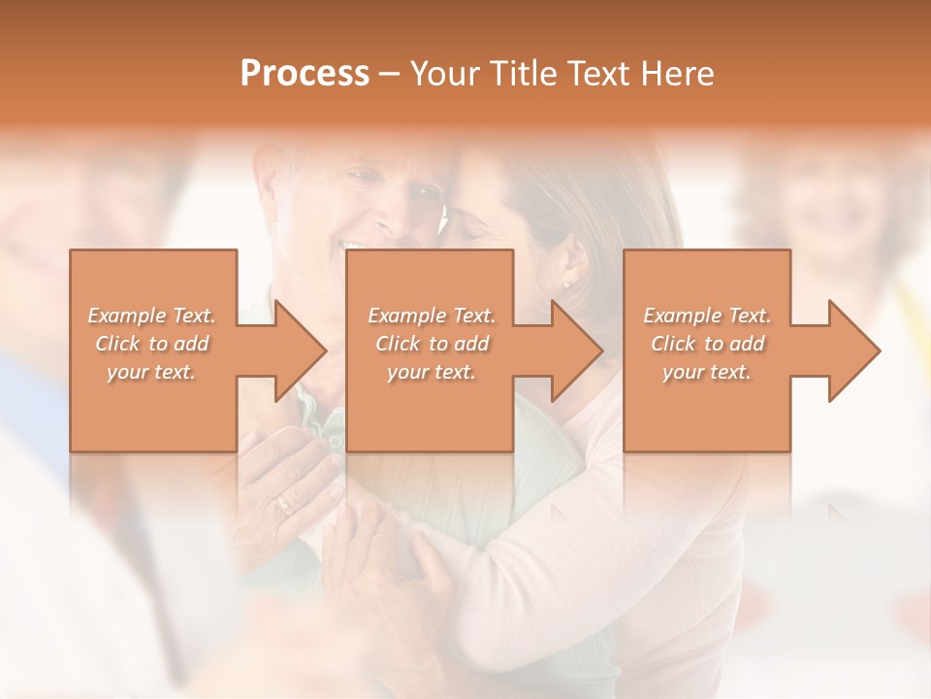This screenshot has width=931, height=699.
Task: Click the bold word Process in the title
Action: pos(305,74)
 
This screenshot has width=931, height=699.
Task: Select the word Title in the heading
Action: pos(520,74)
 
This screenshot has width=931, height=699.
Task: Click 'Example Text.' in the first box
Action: pos(152,316)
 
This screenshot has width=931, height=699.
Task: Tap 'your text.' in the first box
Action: pos(152,373)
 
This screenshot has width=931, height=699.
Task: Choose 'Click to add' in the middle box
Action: pos(432,344)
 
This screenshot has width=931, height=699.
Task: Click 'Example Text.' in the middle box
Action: pos(432,316)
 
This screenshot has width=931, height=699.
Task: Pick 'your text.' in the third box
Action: pos(707,373)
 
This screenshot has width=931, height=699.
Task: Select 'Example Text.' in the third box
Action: pos(707,316)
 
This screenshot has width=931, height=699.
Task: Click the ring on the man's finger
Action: pos(282,503)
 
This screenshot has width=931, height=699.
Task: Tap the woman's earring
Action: pos(566,284)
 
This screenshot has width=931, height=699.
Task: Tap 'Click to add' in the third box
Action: pos(707,344)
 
